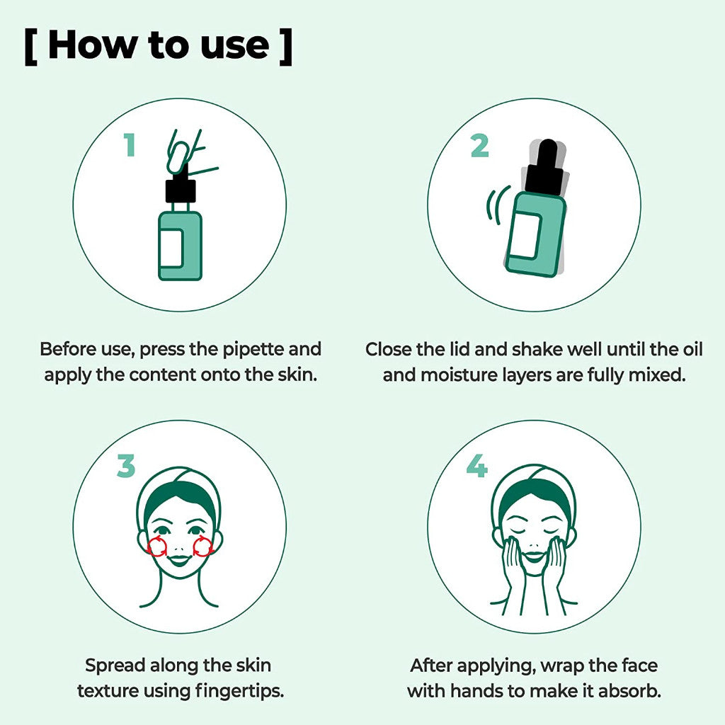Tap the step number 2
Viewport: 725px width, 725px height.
(479, 145)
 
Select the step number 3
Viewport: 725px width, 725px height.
(125, 467)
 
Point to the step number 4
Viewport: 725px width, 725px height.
(476, 466)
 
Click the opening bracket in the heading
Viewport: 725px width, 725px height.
(30, 47)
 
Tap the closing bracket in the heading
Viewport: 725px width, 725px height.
(285, 47)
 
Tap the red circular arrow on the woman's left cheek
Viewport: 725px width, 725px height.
(203, 545)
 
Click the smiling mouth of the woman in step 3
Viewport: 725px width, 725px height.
(180, 560)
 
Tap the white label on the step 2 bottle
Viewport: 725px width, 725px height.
(525, 235)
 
